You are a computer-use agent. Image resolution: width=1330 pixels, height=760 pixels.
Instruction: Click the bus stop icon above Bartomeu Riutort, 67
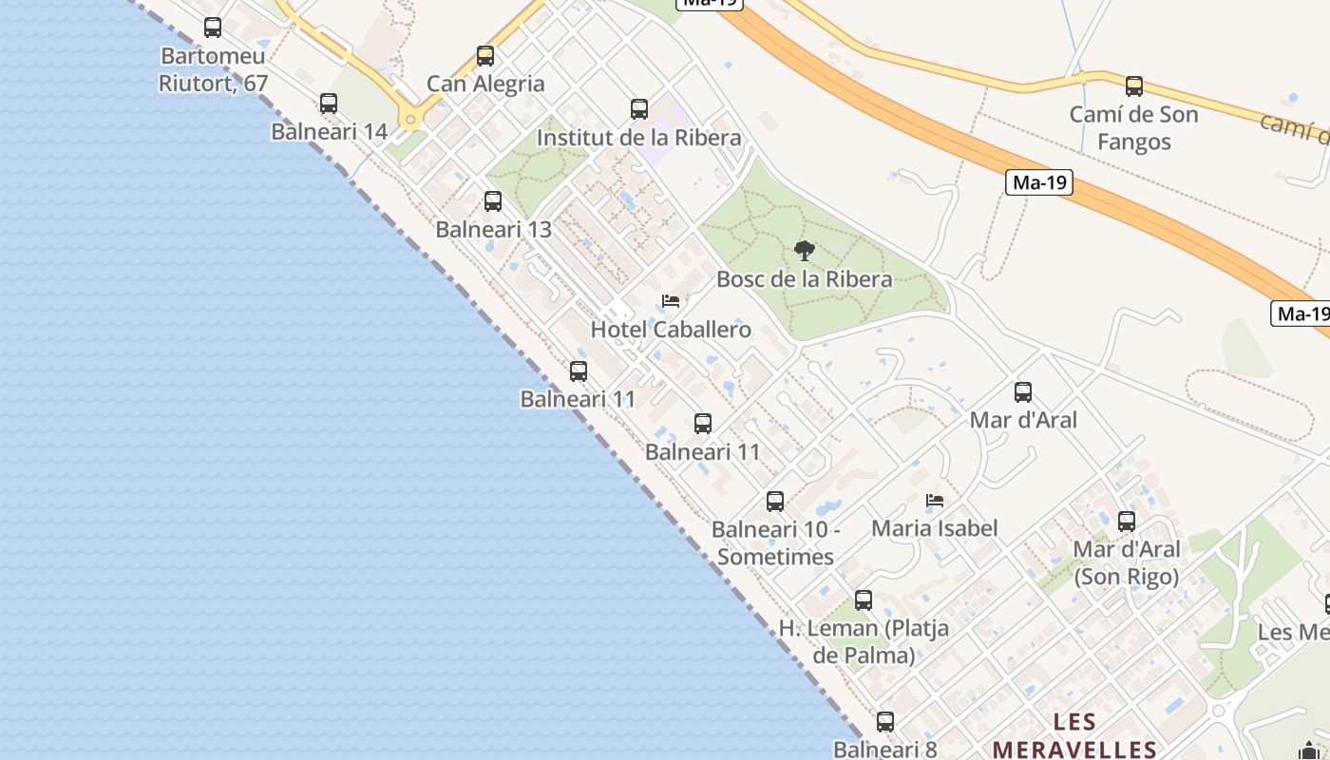[213, 28]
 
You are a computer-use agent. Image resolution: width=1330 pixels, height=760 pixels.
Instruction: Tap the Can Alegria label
[485, 84]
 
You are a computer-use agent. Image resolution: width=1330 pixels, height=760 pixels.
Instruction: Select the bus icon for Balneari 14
[329, 104]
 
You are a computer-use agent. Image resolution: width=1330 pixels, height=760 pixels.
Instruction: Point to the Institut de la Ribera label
[638, 138]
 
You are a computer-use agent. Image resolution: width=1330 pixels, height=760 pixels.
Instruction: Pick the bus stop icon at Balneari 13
[492, 201]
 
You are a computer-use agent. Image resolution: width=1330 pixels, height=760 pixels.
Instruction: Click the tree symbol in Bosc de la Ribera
[805, 251]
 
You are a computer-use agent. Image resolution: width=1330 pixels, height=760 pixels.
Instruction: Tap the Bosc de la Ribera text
[805, 279]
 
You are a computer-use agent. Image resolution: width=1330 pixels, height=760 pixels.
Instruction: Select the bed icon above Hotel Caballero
[671, 302]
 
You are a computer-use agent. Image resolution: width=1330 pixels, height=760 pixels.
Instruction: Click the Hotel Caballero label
[671, 330]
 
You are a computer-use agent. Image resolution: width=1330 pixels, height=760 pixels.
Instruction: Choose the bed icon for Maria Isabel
[935, 501]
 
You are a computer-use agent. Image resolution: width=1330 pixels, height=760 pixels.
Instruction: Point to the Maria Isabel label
[935, 528]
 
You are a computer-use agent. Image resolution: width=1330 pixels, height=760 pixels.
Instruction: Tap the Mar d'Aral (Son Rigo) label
[1127, 562]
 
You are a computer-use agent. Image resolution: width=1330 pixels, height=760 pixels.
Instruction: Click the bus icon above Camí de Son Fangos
[1133, 86]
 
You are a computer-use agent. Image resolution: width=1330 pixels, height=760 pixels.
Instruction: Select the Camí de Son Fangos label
[1133, 128]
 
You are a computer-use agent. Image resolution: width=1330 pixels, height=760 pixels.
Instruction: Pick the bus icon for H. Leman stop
[863, 600]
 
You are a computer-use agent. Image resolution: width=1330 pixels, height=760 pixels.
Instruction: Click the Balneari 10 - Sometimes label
[775, 542]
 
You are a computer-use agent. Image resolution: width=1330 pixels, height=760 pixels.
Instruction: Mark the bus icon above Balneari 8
[885, 722]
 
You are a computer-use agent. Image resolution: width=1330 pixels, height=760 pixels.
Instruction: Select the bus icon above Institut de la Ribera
[639, 109]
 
